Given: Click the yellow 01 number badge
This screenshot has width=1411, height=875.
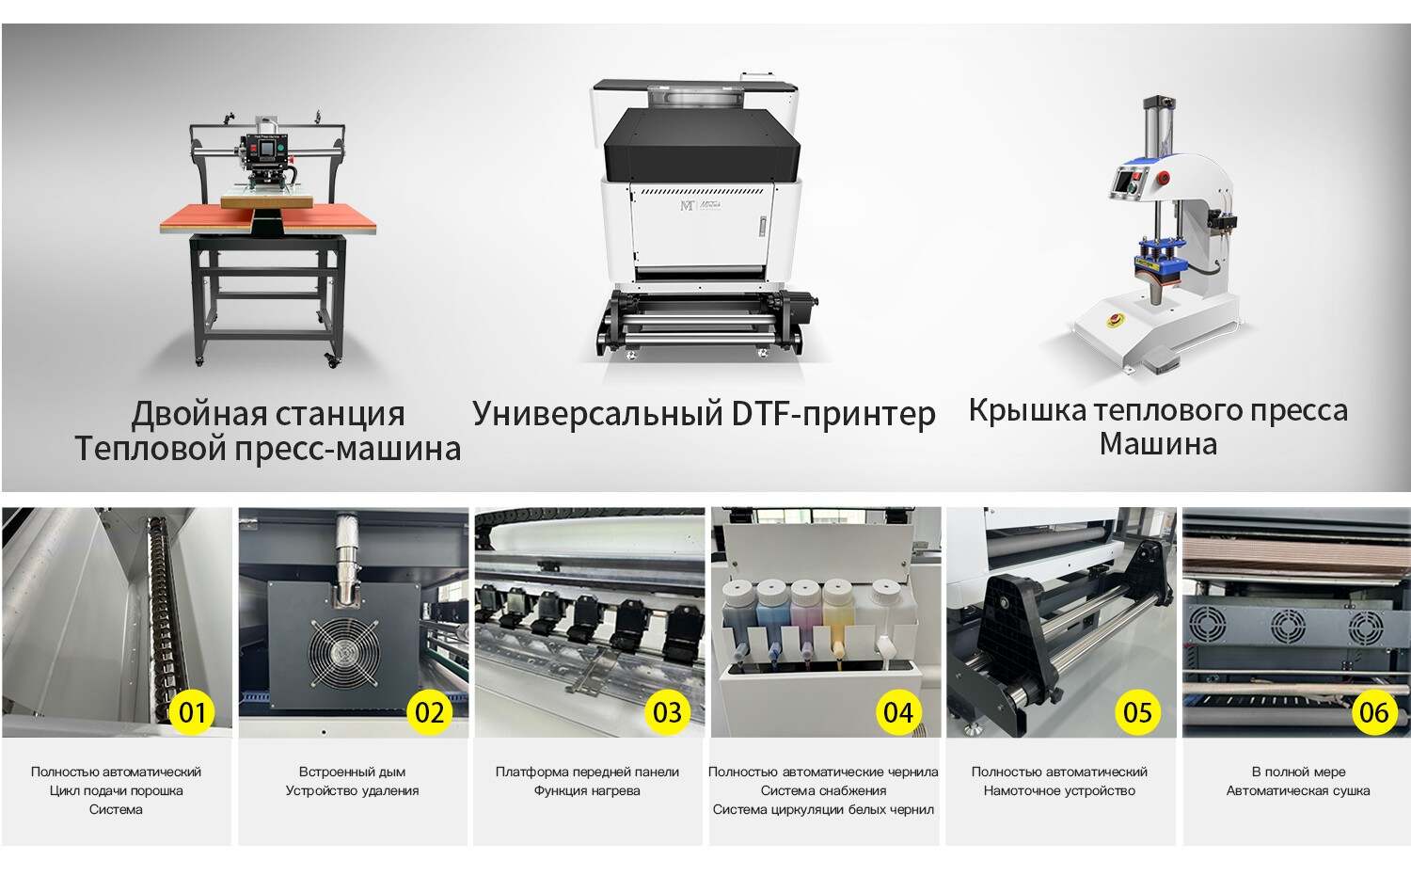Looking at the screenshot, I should tap(192, 712).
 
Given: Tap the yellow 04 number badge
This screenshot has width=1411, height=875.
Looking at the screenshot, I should tap(898, 712).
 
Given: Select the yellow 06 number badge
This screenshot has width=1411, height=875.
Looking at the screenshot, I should tap(1373, 712).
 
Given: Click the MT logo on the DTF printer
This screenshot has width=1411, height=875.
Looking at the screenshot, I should tap(687, 205).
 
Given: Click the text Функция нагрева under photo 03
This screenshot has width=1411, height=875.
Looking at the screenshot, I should tap(587, 790).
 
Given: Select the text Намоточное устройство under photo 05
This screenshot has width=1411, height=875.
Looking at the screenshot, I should tap(1059, 790).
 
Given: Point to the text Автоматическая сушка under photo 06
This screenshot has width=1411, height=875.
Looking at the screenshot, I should tap(1298, 790).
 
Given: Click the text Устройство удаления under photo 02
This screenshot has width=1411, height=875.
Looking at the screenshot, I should tap(352, 790).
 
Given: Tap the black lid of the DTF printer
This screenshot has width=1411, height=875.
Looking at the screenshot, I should tap(701, 141).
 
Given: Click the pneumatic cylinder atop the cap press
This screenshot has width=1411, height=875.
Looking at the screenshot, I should tap(1153, 132).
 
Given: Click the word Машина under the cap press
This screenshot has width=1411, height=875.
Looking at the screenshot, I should tap(1158, 444).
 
